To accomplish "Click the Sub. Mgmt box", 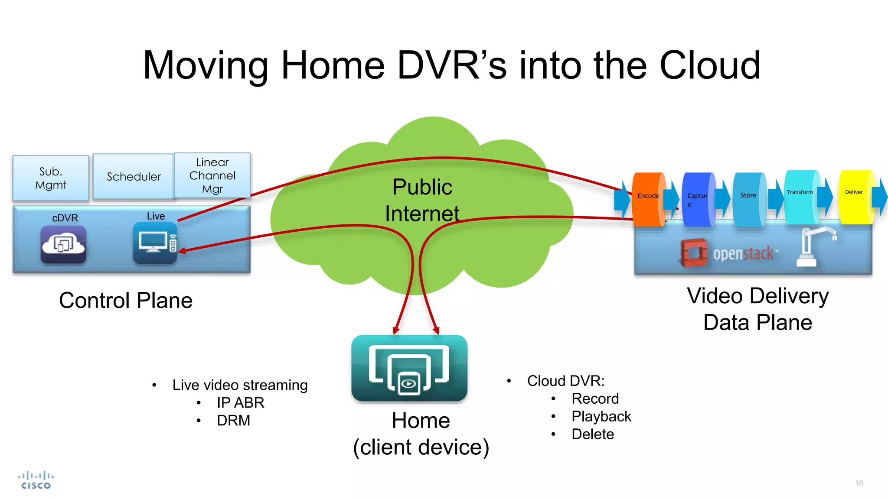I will pyautogui.click(x=51, y=178).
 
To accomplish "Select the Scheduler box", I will pyautogui.click(x=134, y=176).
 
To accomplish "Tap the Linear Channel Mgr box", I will pyautogui.click(x=212, y=175).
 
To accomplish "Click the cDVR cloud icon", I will pyautogui.click(x=63, y=244).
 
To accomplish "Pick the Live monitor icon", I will pyautogui.click(x=155, y=243).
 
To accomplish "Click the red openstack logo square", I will pyautogui.click(x=694, y=253).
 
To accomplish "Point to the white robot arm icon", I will pyautogui.click(x=813, y=246).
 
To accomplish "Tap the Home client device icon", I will pyautogui.click(x=409, y=368).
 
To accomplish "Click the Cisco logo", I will pyautogui.click(x=36, y=480).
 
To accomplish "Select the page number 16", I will pyautogui.click(x=859, y=483).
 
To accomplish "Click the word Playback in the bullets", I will pyautogui.click(x=601, y=416).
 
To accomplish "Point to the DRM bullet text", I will pyautogui.click(x=233, y=421).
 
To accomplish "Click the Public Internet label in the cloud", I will pyautogui.click(x=422, y=200).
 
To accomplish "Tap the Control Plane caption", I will pyautogui.click(x=126, y=301).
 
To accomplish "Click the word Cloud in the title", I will pyautogui.click(x=710, y=65).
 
